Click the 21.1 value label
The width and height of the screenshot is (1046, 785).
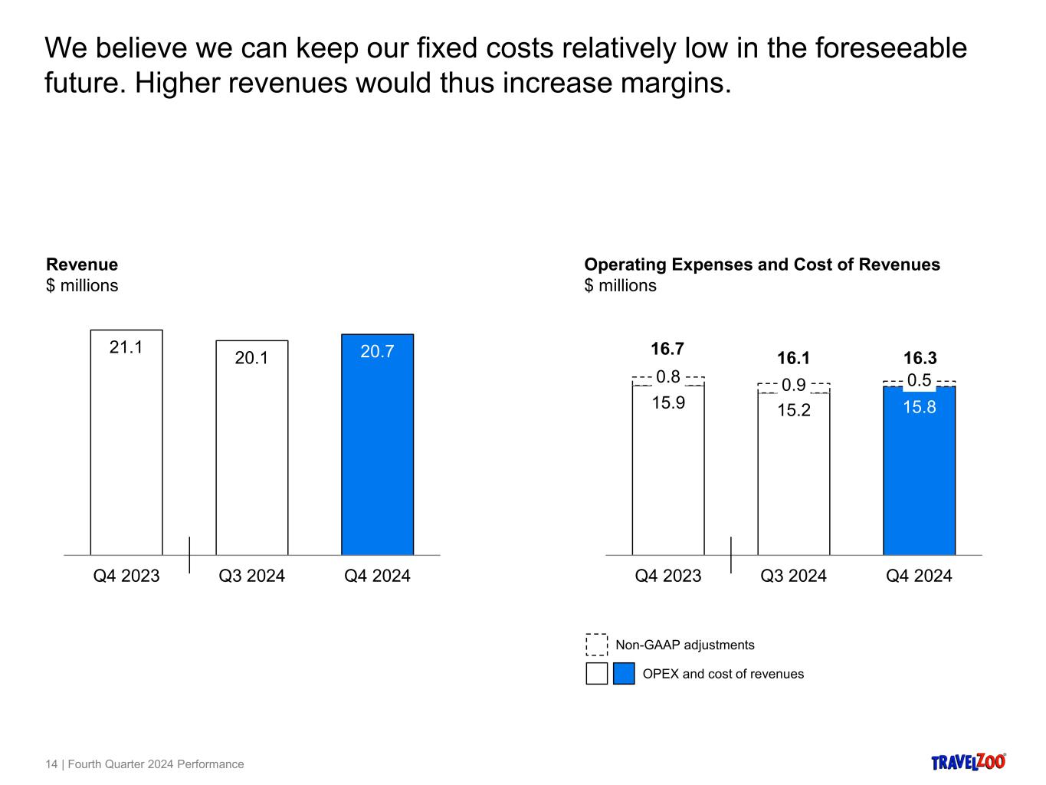(x=126, y=347)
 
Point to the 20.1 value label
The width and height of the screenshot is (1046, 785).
(x=251, y=358)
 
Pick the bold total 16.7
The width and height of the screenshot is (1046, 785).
(x=667, y=350)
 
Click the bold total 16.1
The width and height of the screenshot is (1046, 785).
(x=793, y=359)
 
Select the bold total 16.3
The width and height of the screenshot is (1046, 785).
(x=920, y=359)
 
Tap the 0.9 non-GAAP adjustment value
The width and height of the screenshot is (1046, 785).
(x=793, y=385)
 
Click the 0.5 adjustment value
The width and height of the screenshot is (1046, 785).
(x=919, y=380)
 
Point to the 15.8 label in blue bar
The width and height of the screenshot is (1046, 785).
(x=919, y=407)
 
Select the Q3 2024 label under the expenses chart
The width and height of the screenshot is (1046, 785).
(x=793, y=576)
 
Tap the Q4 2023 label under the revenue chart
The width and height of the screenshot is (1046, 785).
(x=126, y=576)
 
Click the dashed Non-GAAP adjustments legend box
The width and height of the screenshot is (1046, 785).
(x=597, y=645)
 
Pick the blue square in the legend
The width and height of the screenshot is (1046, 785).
(x=624, y=674)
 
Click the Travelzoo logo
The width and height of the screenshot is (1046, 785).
(x=968, y=761)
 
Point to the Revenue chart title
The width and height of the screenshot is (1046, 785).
(x=82, y=264)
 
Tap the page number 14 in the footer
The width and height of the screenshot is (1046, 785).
(x=51, y=764)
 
